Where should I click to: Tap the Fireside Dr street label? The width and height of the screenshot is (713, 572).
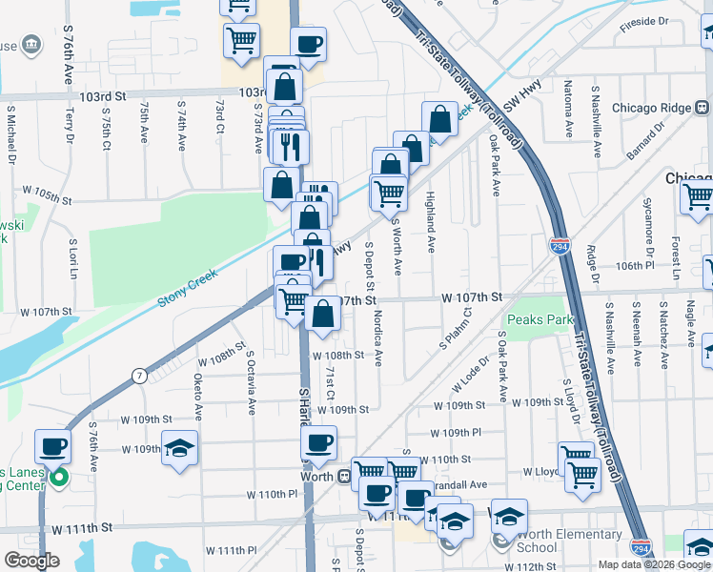(644, 21)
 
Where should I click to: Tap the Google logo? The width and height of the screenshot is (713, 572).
(32, 561)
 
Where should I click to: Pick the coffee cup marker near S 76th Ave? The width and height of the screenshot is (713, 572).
(53, 446)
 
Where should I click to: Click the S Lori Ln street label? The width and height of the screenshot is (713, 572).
(72, 257)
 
